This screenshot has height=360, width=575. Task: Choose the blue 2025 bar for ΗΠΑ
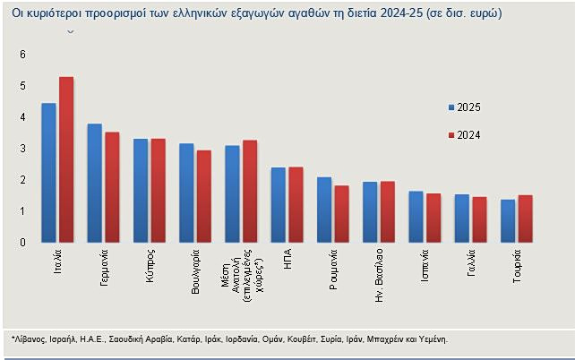278,205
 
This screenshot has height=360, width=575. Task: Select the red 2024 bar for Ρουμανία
341,214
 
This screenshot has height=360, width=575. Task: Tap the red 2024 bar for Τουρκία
525,219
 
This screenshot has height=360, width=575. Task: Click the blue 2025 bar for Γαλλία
461,219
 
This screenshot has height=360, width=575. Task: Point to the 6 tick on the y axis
22,55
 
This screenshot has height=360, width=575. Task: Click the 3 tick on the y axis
22,149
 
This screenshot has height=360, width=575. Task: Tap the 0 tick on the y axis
22,243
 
